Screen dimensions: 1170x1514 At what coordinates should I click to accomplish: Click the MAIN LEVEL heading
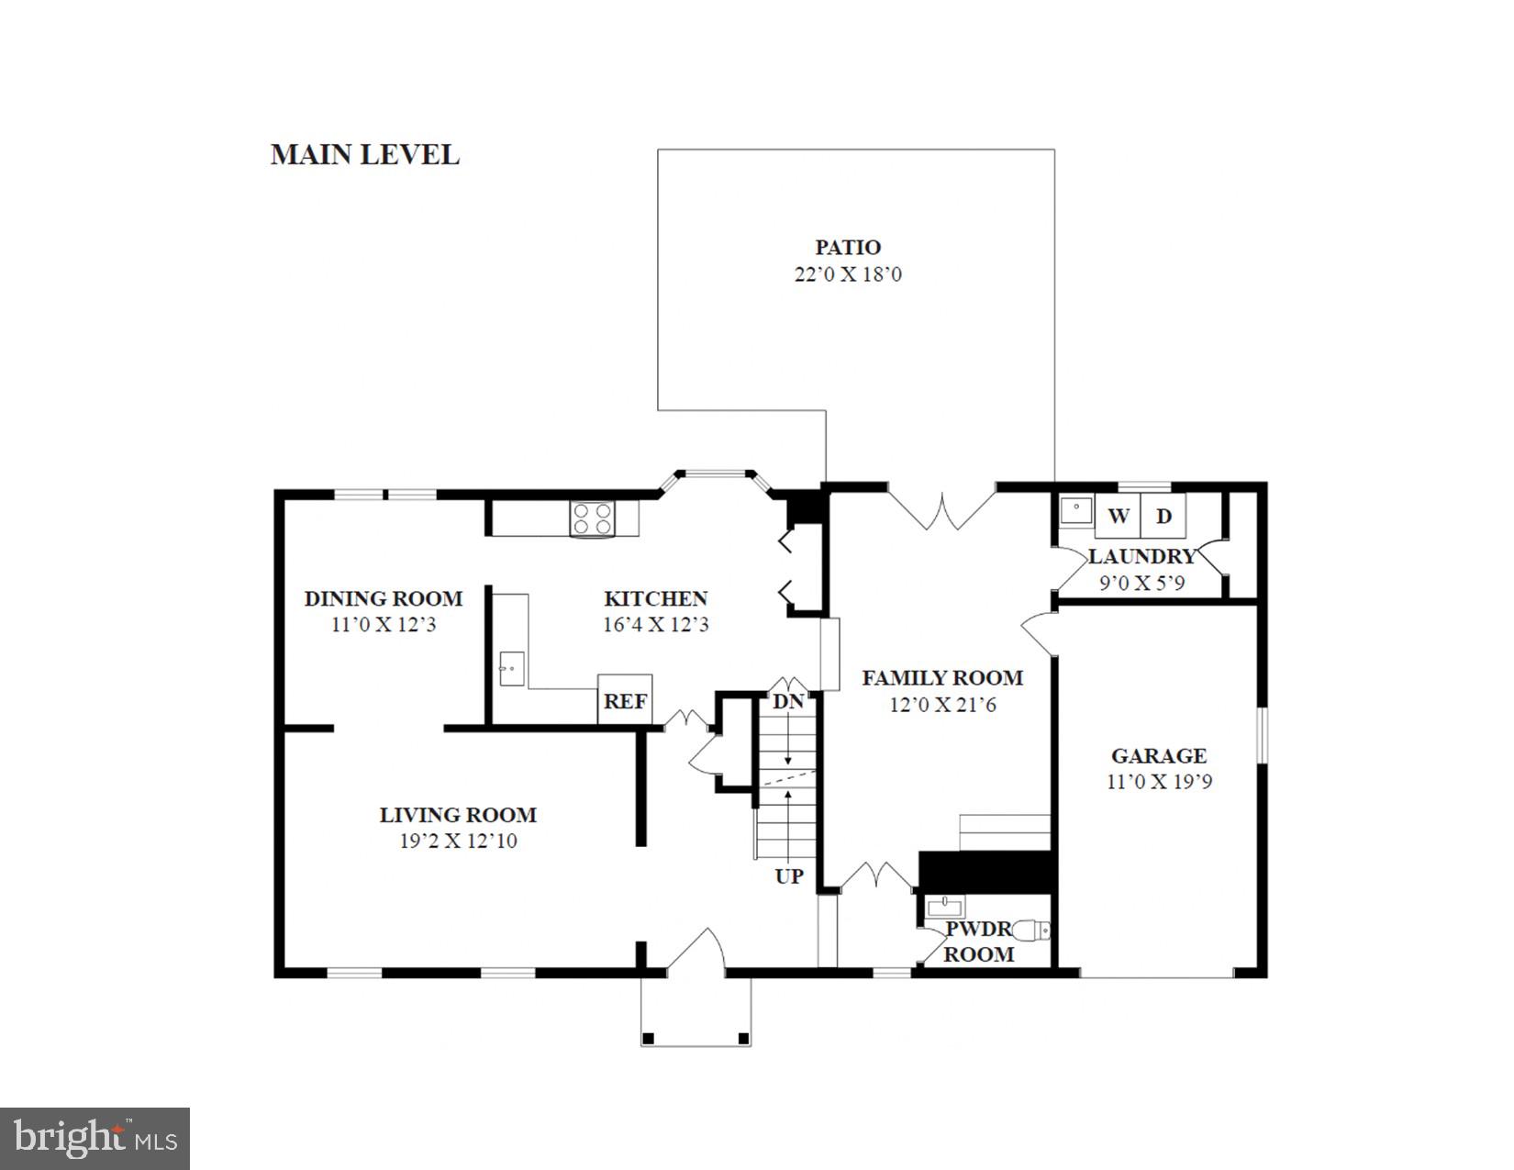[364, 154]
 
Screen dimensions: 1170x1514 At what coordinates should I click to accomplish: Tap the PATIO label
[848, 247]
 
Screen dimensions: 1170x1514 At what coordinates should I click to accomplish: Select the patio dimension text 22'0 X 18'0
[848, 274]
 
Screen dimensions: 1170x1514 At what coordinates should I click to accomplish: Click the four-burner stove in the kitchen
[592, 519]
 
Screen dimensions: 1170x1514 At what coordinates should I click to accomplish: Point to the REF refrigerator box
[625, 701]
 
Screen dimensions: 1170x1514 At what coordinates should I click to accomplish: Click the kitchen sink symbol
[511, 668]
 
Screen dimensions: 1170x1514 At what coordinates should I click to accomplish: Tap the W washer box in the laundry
[1118, 516]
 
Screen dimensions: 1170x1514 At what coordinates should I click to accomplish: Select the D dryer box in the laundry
[1163, 516]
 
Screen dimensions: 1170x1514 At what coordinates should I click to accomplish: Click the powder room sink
[944, 907]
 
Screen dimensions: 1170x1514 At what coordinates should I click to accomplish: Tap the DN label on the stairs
[787, 702]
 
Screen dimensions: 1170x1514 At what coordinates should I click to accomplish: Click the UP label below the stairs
[788, 876]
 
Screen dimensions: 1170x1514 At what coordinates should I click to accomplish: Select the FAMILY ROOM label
[942, 678]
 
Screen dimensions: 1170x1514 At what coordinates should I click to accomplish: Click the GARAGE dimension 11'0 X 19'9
[1159, 782]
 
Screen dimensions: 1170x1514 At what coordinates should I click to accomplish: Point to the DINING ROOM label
[383, 599]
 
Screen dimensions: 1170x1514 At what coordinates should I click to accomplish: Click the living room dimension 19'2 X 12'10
[458, 841]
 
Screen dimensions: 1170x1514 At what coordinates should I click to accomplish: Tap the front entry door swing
[696, 950]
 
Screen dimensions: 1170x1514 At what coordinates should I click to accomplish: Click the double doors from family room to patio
[941, 510]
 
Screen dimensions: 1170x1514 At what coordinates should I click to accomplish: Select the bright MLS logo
[95, 1139]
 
